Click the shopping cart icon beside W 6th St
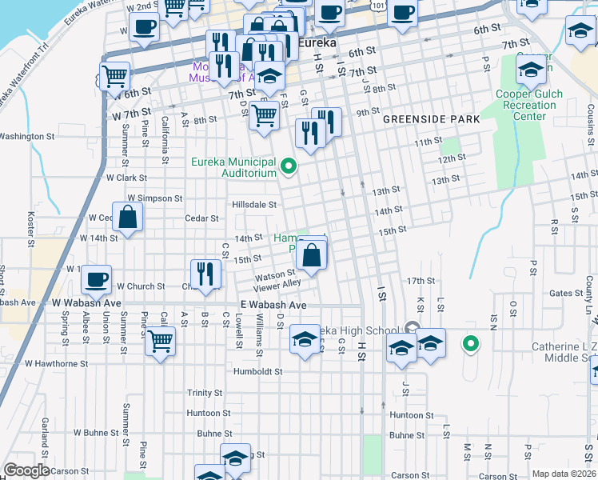[116, 77]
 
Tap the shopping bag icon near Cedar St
[128, 216]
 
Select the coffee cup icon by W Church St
[97, 279]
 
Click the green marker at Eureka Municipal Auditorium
[290, 167]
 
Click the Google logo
[26, 470]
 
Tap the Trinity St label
[205, 393]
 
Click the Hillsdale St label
[253, 204]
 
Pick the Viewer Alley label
[277, 285]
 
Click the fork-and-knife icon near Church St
[205, 274]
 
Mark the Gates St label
[566, 294]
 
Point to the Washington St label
[22, 137]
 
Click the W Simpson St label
[155, 198]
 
